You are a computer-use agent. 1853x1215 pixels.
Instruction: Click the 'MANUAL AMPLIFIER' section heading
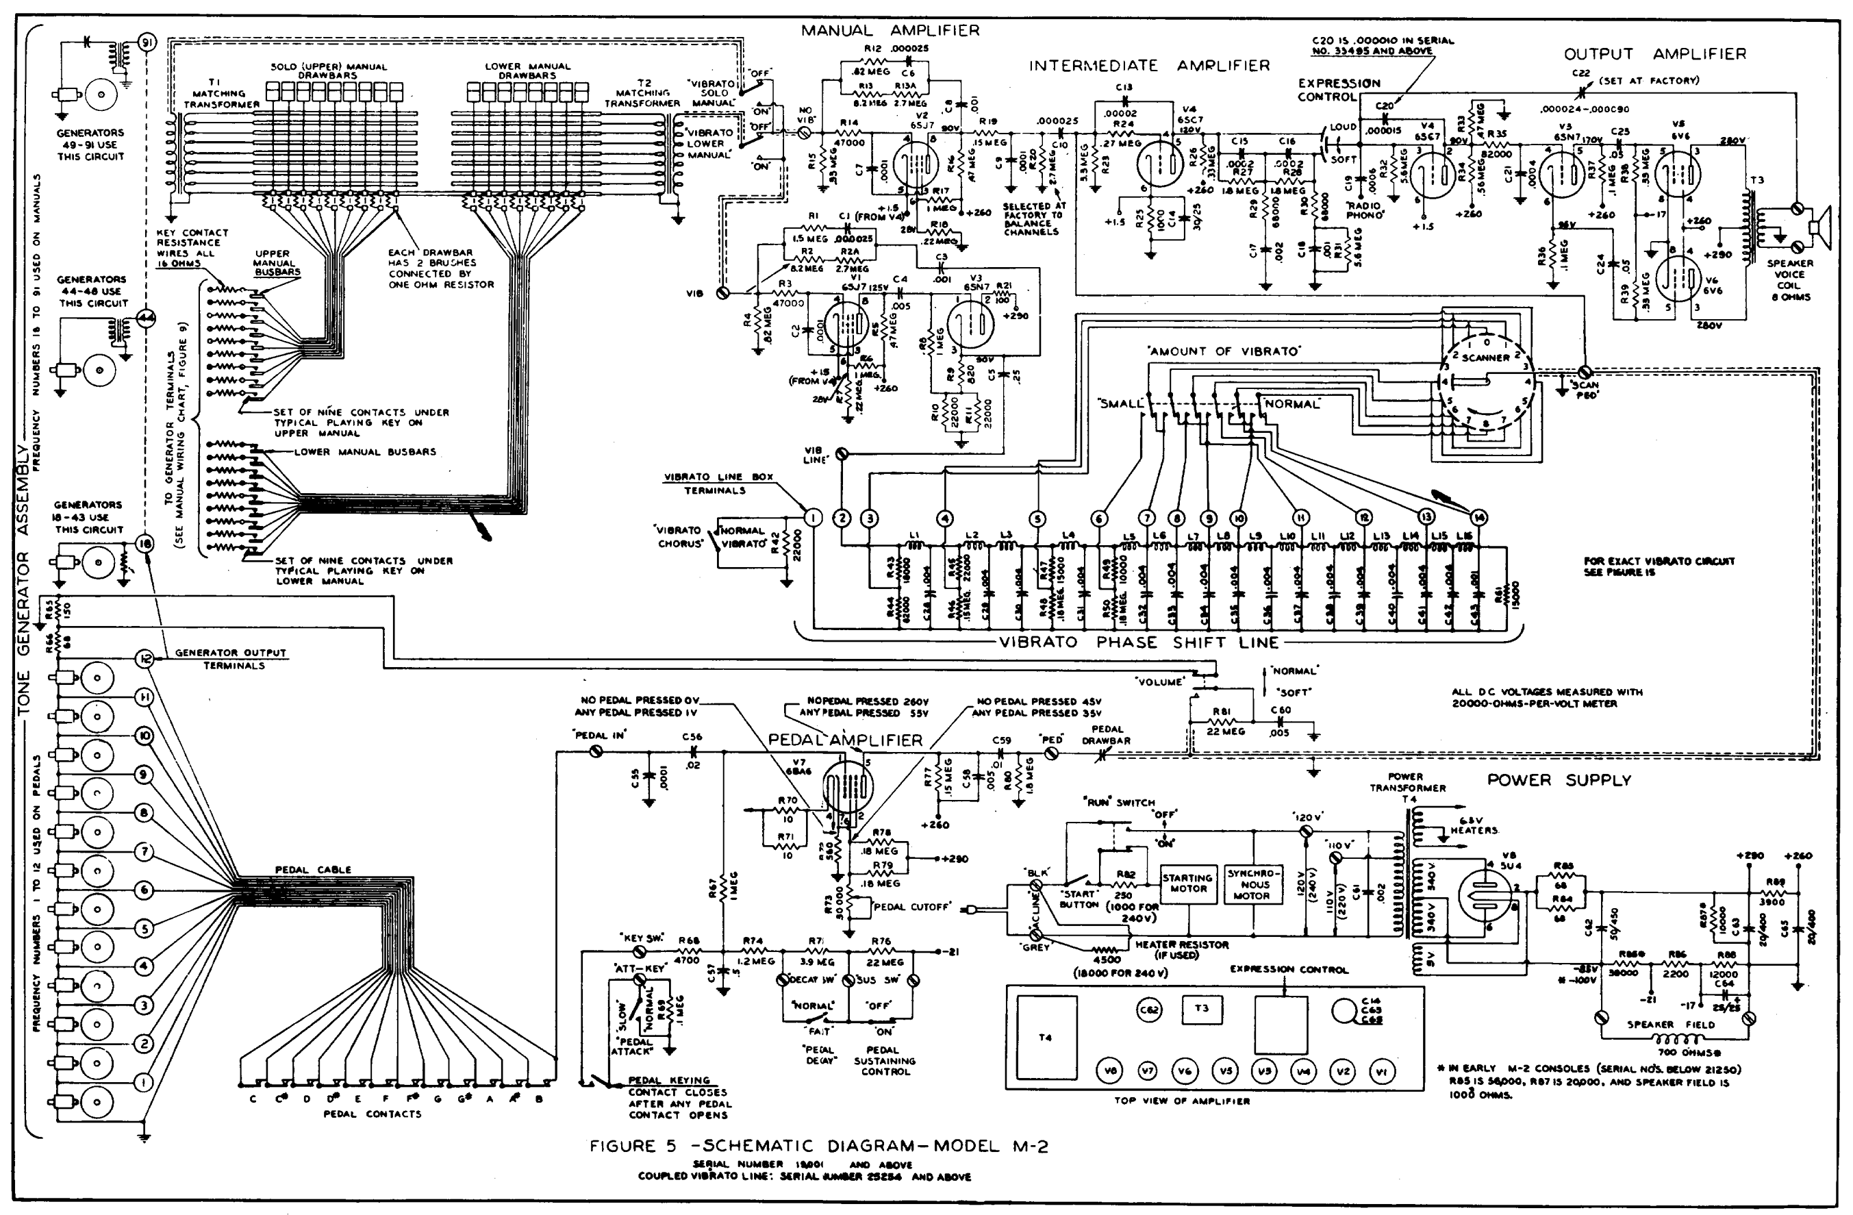[x=890, y=30]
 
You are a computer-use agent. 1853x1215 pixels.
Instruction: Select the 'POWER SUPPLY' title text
[x=1558, y=779]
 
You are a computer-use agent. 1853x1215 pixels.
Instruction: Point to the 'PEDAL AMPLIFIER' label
[x=845, y=740]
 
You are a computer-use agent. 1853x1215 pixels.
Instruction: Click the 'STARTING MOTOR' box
[x=1188, y=884]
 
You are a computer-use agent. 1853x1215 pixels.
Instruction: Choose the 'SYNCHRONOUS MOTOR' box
[x=1255, y=884]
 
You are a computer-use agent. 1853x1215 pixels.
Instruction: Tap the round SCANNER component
[x=1485, y=381]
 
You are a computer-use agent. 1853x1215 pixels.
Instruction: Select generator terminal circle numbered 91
[x=147, y=43]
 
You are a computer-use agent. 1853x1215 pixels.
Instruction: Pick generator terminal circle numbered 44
[x=147, y=317]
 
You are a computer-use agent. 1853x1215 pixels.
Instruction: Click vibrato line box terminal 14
[x=1478, y=517]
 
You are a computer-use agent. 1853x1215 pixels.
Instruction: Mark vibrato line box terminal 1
[x=812, y=517]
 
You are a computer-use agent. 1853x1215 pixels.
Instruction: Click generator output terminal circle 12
[x=144, y=658]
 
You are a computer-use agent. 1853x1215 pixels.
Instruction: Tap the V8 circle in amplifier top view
[x=1109, y=1072]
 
